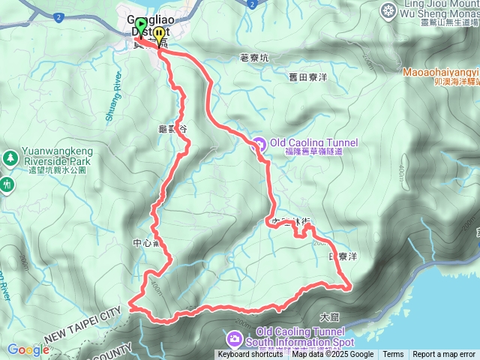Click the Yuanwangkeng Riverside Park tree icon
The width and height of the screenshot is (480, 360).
(10, 158)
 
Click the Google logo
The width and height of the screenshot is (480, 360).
(28, 349)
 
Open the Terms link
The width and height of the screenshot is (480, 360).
(393, 355)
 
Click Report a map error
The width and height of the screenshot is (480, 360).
(444, 355)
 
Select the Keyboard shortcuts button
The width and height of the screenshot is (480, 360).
(250, 355)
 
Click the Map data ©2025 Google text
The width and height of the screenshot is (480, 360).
(333, 355)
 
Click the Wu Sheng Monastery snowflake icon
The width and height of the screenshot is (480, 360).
(388, 10)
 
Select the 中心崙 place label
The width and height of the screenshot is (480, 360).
(142, 243)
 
